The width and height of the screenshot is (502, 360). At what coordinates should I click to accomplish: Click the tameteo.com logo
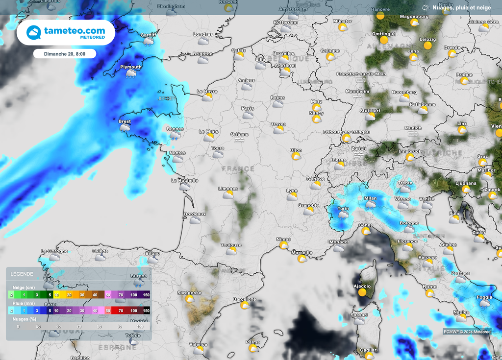[x=66, y=32]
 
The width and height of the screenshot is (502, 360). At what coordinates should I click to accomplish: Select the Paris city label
[x=248, y=108]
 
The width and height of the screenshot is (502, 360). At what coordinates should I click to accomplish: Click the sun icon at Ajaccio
[x=362, y=292]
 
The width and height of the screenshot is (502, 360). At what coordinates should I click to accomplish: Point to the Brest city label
[x=125, y=121]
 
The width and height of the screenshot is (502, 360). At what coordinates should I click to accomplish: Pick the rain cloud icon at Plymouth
[x=131, y=74]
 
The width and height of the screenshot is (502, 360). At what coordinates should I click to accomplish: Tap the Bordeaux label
[x=195, y=214]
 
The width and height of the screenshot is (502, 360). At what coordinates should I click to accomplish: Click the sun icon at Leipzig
[x=427, y=46]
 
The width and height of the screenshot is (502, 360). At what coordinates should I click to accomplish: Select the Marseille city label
[x=301, y=253]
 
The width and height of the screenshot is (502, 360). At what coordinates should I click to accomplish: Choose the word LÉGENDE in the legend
[x=22, y=274]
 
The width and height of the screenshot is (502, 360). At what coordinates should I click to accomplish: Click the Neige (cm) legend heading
[x=23, y=287]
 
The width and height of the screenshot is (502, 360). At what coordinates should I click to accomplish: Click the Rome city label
[x=429, y=287]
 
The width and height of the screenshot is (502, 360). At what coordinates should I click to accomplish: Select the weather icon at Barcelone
[x=245, y=305]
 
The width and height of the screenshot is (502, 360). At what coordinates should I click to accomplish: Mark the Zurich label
[x=358, y=148]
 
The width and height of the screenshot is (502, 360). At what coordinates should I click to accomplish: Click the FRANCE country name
[x=238, y=168]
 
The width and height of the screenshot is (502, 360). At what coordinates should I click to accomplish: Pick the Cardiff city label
[x=148, y=35]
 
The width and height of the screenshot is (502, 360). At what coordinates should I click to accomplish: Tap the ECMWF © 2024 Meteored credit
[x=467, y=332]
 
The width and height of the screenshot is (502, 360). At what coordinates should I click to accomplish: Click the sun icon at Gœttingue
[x=384, y=40]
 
